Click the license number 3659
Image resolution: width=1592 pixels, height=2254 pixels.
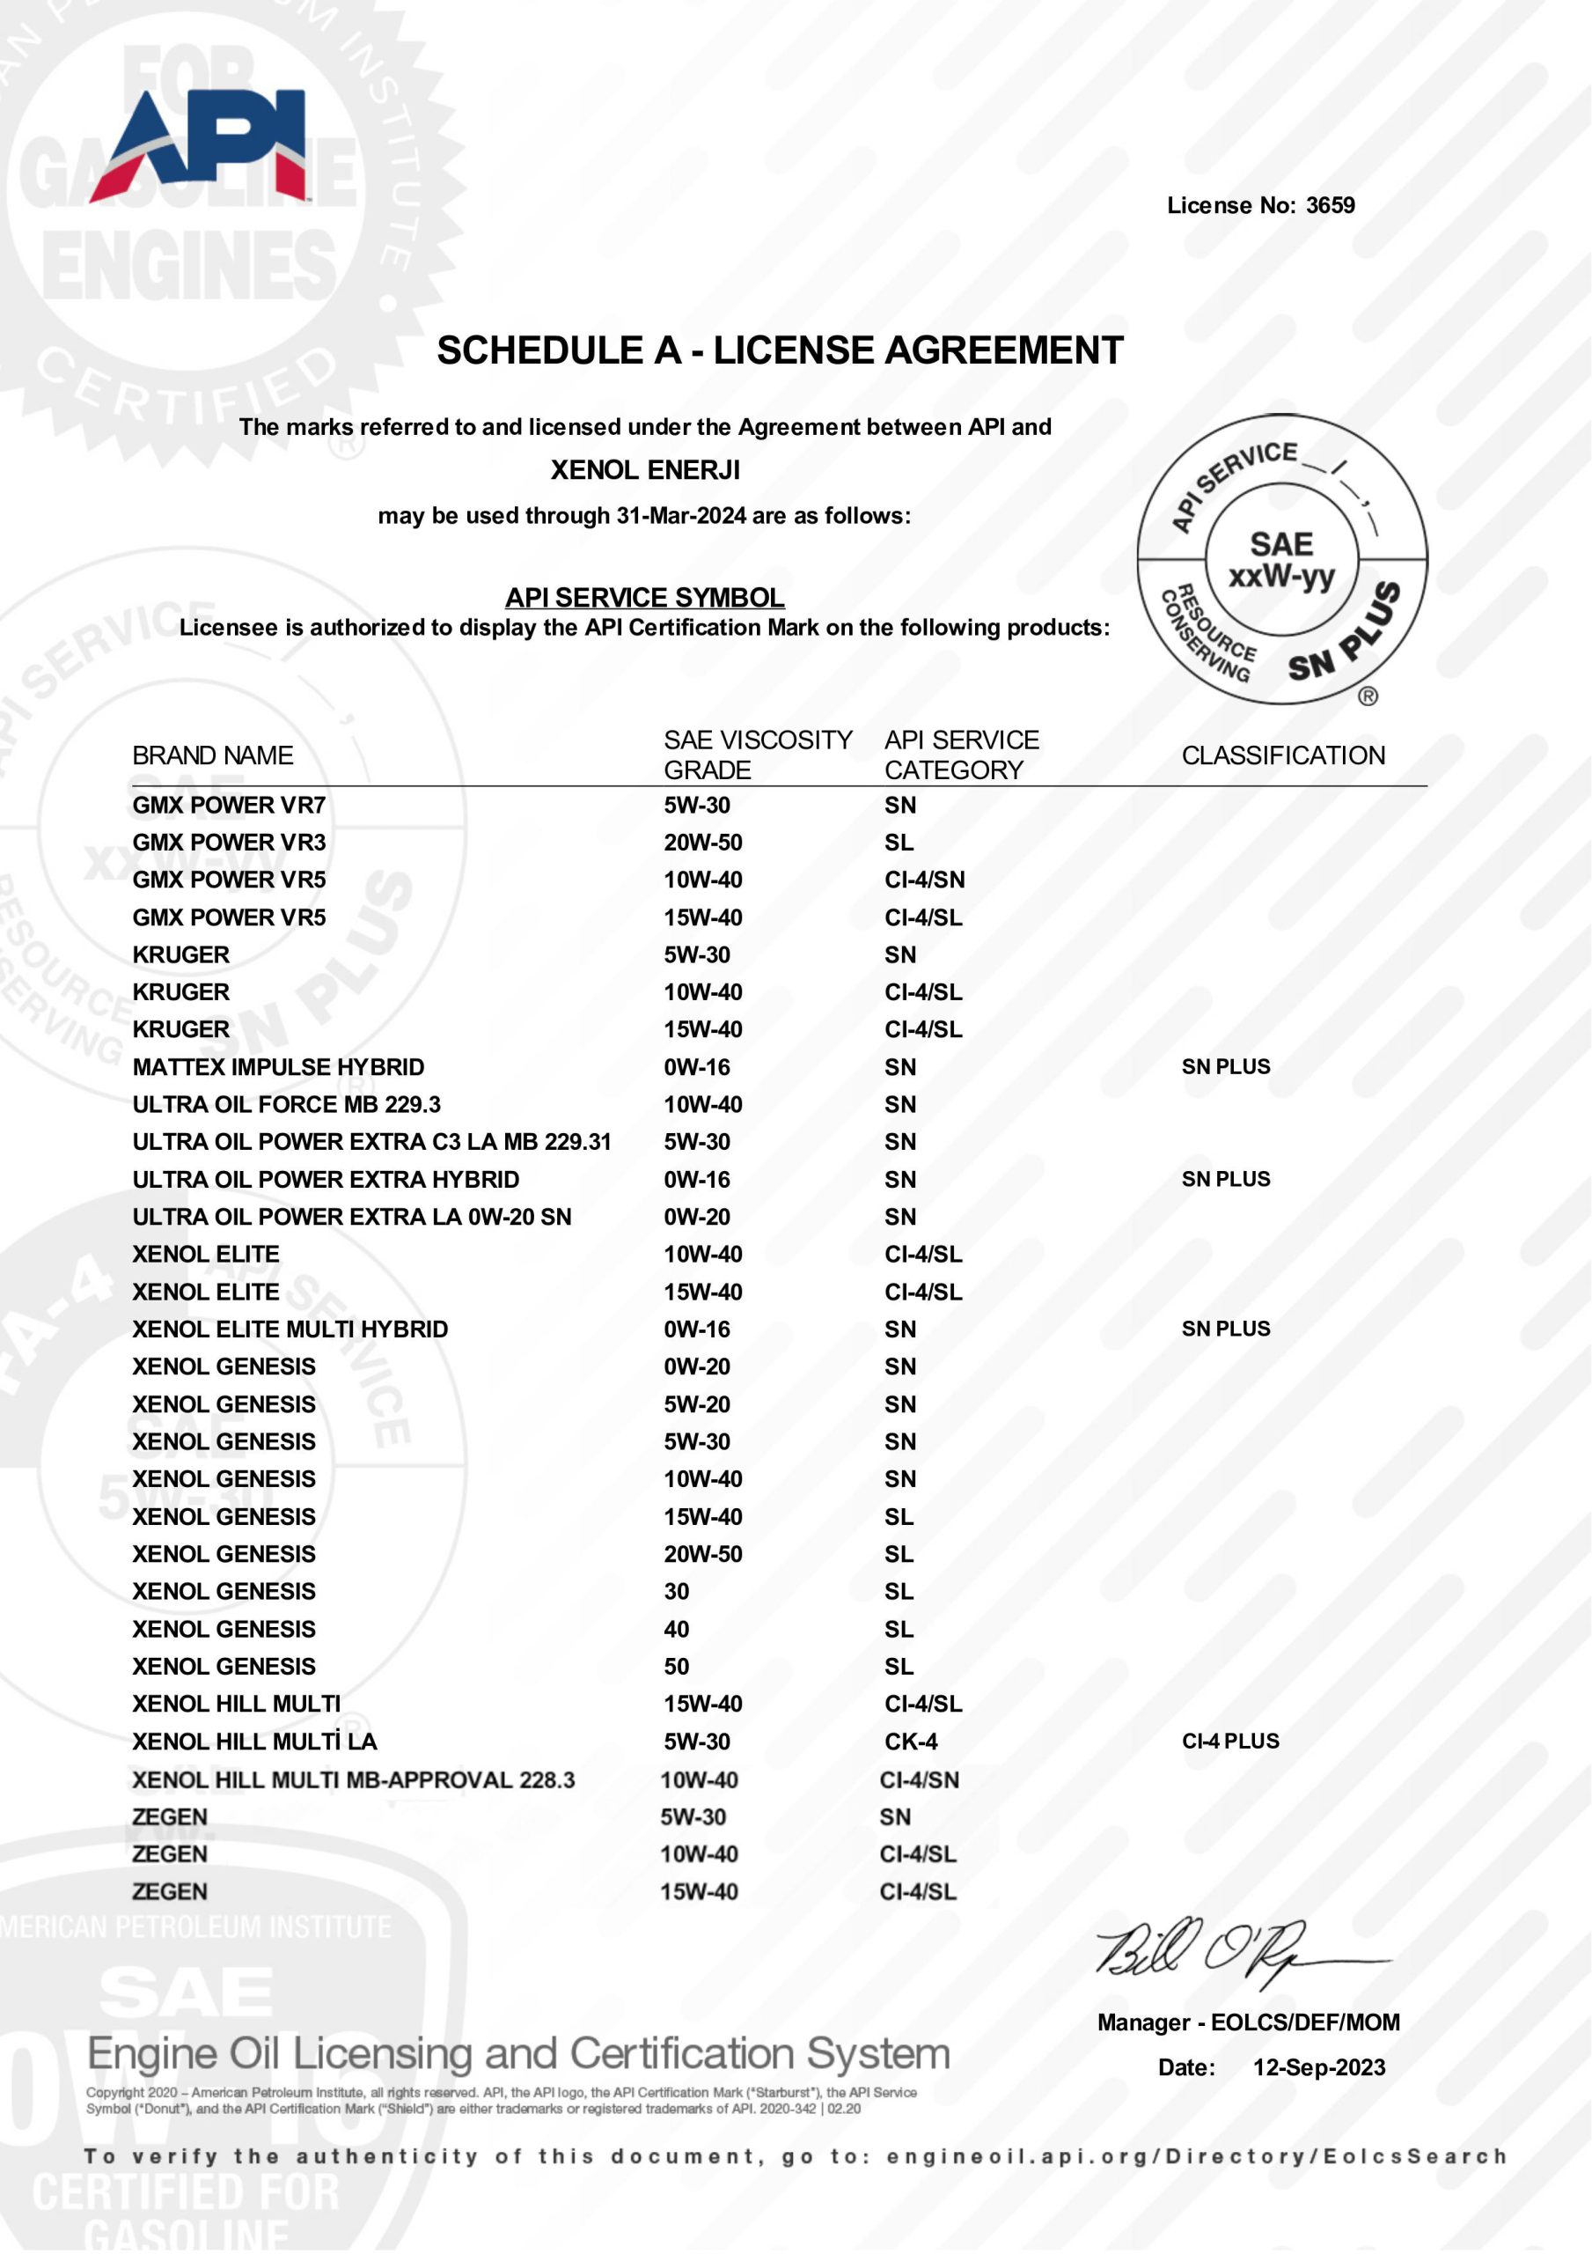point(1330,205)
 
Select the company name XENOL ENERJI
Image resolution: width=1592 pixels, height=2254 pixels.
point(645,470)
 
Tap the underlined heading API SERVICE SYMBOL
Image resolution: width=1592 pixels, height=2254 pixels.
point(645,597)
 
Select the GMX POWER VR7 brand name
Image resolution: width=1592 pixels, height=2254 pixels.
point(229,805)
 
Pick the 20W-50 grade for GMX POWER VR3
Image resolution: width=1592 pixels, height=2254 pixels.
point(703,843)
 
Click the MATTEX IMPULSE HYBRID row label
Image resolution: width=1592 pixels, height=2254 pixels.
point(279,1067)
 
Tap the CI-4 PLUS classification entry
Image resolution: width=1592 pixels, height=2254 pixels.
point(1229,1741)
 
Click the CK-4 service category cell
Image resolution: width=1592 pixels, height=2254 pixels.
point(911,1742)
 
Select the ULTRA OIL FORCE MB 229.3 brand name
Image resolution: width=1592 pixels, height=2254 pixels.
point(287,1104)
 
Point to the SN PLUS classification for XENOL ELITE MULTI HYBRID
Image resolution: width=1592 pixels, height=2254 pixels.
point(1226,1329)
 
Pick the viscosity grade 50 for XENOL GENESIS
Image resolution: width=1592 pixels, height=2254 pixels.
point(676,1666)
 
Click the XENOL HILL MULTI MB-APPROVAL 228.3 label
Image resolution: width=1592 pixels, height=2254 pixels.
point(354,1779)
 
